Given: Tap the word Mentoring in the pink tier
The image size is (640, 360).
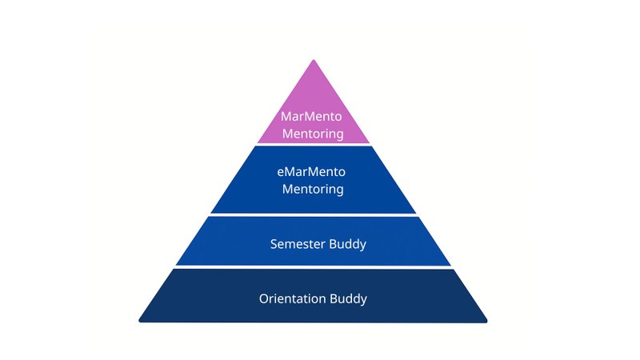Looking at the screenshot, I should (313, 134).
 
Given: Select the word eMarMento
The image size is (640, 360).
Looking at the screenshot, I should (313, 172).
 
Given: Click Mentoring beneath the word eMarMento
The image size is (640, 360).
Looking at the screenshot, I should (313, 190).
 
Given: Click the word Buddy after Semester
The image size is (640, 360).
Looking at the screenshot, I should (348, 244).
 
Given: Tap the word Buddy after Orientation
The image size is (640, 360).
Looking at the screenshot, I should (350, 298).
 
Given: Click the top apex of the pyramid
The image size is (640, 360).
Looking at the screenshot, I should (314, 61).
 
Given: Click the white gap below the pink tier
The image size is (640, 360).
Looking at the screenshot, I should (314, 145).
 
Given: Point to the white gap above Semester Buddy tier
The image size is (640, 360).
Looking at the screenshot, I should (314, 215).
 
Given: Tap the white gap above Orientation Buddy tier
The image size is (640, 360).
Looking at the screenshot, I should (314, 267).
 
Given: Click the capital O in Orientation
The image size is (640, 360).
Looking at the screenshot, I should (264, 298).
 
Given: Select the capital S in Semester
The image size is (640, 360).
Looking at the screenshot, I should (274, 244).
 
